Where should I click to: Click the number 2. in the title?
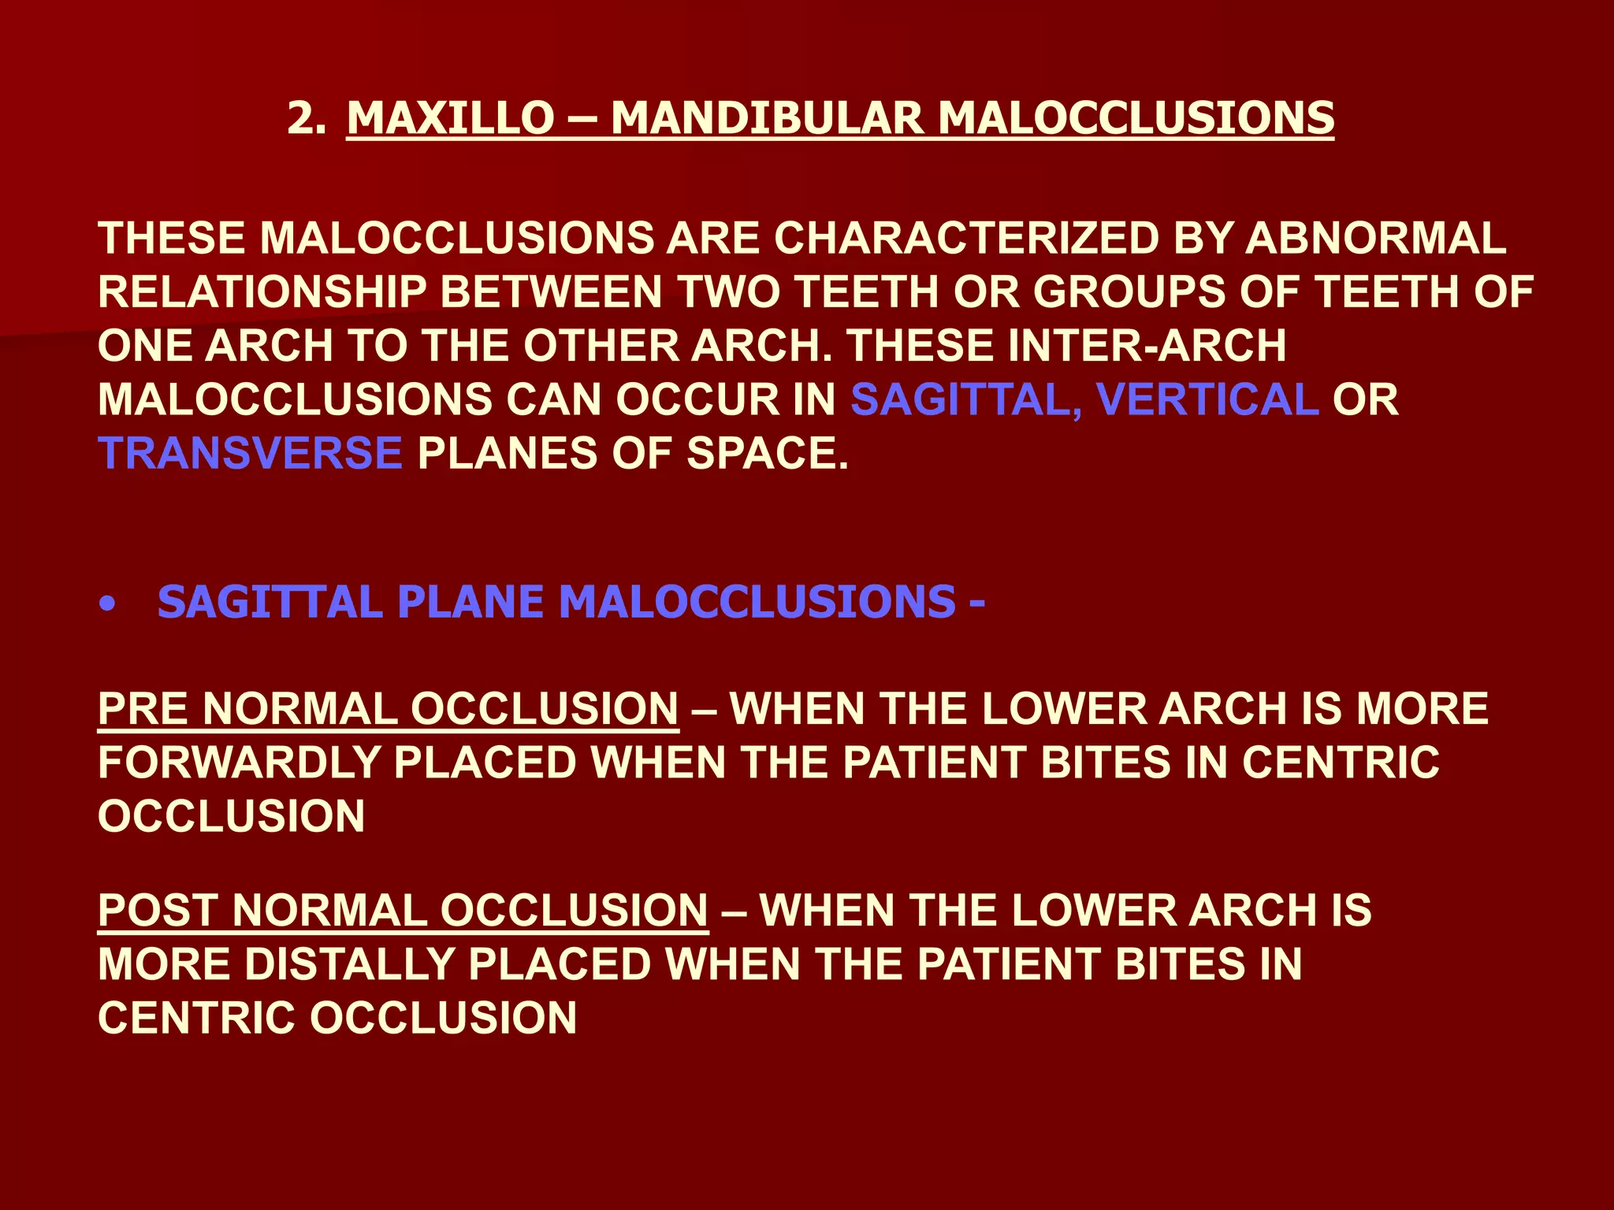click(x=307, y=118)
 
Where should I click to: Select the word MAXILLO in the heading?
click(x=451, y=118)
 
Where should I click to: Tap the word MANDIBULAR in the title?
click(x=767, y=118)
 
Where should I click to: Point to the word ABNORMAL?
click(x=1376, y=238)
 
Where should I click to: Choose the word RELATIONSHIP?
click(x=262, y=292)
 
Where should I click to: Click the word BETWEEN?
click(x=551, y=292)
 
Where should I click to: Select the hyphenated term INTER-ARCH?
click(x=1147, y=346)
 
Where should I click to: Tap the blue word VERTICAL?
click(x=1207, y=399)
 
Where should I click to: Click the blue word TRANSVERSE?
click(x=251, y=453)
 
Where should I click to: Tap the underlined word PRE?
click(x=143, y=708)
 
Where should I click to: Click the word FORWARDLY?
click(x=239, y=762)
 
